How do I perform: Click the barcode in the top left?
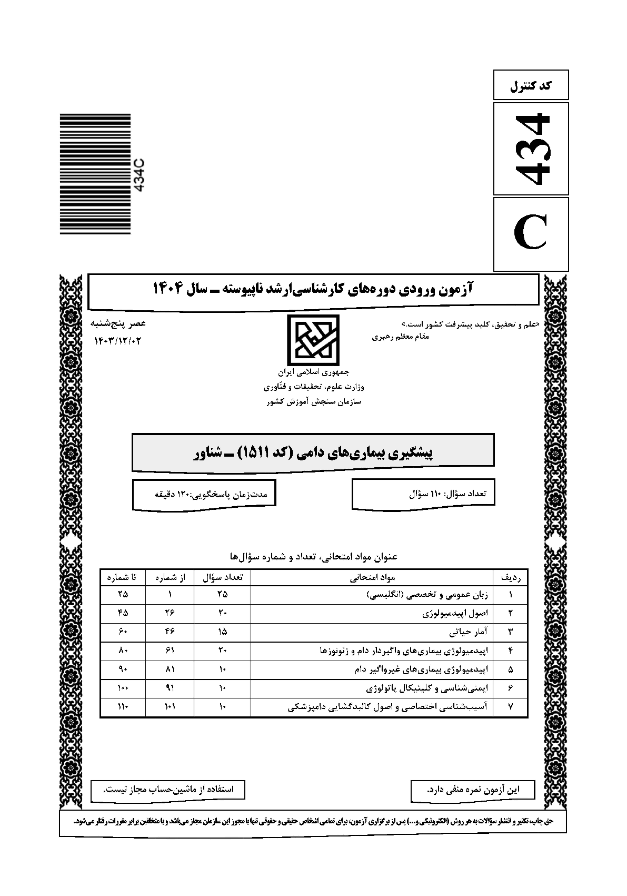(x=95, y=174)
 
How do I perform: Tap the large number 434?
(x=531, y=149)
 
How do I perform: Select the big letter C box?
(x=531, y=234)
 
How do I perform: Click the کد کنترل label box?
(x=531, y=85)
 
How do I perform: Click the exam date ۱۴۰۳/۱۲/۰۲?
(x=118, y=341)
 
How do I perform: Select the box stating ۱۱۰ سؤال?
(x=423, y=494)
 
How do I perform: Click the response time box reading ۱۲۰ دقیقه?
(x=204, y=494)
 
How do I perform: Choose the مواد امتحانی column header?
(x=372, y=578)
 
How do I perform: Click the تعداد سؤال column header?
(x=222, y=578)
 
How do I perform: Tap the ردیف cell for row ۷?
(x=510, y=707)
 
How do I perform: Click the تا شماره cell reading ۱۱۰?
(x=123, y=707)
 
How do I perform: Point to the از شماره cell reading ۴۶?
(x=170, y=632)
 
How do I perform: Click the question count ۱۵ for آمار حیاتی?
(x=222, y=632)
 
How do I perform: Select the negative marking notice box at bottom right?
(x=472, y=790)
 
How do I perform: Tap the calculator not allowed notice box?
(x=167, y=790)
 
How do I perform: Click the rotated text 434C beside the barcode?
(x=140, y=174)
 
